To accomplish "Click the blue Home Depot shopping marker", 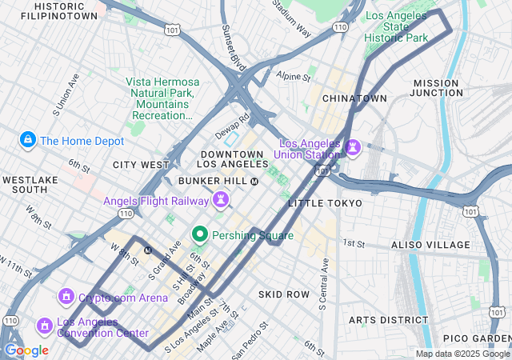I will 28,141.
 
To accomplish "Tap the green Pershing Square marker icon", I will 199,235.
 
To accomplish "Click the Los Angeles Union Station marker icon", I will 353,148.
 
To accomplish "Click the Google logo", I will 26,350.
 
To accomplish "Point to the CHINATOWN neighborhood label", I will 354,98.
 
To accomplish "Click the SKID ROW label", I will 283,294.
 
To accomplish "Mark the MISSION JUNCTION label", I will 438,88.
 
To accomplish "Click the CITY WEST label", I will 141,165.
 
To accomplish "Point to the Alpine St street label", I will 293,78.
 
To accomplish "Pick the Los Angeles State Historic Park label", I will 398,26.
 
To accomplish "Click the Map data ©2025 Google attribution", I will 462,354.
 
